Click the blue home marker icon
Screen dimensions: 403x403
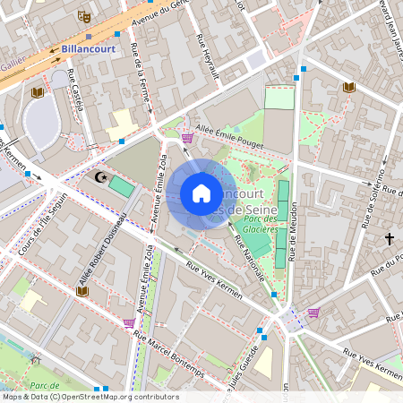point(201,193)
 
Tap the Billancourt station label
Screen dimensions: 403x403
point(89,49)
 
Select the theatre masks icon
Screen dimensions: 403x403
point(83,15)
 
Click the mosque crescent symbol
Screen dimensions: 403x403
point(102,178)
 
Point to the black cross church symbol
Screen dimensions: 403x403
point(390,239)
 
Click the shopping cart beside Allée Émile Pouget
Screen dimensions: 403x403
point(186,137)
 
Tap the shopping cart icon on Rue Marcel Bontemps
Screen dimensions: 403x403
point(129,322)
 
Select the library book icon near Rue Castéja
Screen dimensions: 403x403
point(38,92)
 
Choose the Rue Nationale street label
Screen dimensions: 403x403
point(249,256)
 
